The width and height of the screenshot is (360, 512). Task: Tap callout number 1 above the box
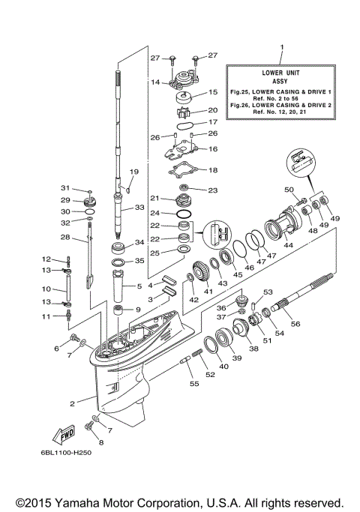pos(283,49)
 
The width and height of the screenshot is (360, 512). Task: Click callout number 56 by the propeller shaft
pos(316,323)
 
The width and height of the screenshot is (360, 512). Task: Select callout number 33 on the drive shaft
pos(139,207)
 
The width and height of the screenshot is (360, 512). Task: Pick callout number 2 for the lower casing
pos(73,403)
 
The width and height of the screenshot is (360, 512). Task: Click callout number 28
pos(65,238)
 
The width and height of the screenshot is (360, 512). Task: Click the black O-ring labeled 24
pos(181,213)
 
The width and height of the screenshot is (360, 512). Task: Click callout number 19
pos(135,172)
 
